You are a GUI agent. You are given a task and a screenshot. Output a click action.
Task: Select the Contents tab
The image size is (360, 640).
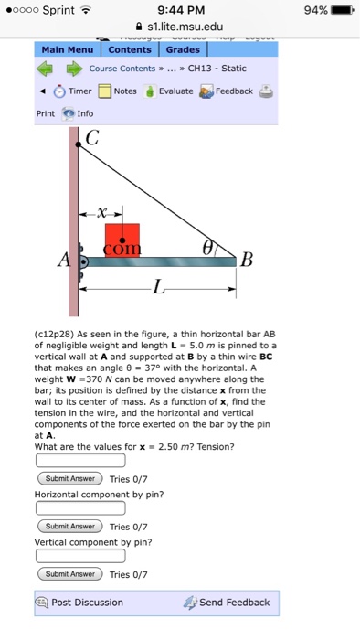click(x=130, y=50)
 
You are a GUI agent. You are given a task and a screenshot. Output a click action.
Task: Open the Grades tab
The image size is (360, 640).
click(x=183, y=50)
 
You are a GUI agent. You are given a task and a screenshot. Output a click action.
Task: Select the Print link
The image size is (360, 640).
click(x=45, y=113)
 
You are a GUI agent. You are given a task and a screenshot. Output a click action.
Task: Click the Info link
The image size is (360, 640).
click(x=85, y=113)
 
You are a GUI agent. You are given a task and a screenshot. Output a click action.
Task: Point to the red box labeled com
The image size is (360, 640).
click(x=122, y=240)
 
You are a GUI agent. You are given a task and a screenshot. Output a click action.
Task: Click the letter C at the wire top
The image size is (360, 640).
click(x=91, y=139)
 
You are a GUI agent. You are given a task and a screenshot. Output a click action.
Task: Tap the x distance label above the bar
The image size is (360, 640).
click(x=106, y=211)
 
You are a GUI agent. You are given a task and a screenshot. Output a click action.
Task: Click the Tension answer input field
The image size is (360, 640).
click(x=80, y=460)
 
